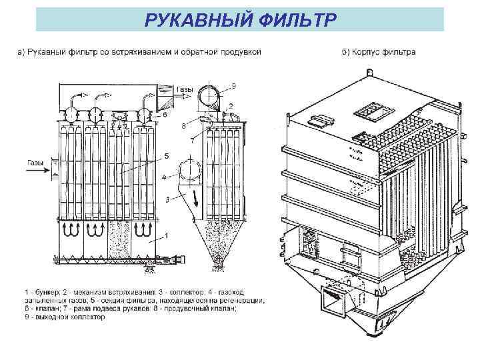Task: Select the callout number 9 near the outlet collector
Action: tap(234, 85)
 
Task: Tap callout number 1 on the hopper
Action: tap(167, 236)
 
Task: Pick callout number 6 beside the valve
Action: tap(165, 115)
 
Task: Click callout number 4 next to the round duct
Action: tap(164, 177)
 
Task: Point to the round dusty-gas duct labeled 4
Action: tap(188, 169)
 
